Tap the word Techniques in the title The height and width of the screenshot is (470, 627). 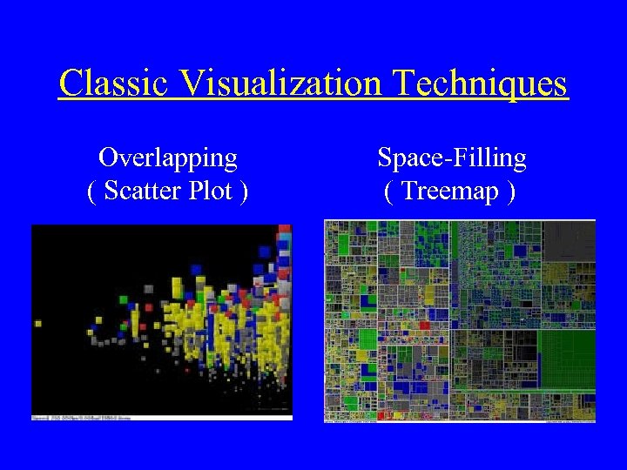(x=481, y=84)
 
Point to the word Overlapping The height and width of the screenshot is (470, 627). (x=168, y=158)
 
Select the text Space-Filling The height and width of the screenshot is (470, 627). (x=451, y=158)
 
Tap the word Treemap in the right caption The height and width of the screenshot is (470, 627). (x=450, y=190)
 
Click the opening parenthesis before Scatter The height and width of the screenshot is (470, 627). (x=92, y=191)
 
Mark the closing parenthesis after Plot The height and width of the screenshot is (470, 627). (x=243, y=191)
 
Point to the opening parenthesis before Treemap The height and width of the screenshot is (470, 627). (x=388, y=191)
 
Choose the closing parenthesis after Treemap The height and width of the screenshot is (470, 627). (x=510, y=191)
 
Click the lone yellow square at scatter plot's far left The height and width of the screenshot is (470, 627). (x=38, y=324)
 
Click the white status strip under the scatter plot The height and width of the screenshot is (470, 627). (x=162, y=419)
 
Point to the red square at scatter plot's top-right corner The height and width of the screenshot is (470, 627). (x=284, y=229)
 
